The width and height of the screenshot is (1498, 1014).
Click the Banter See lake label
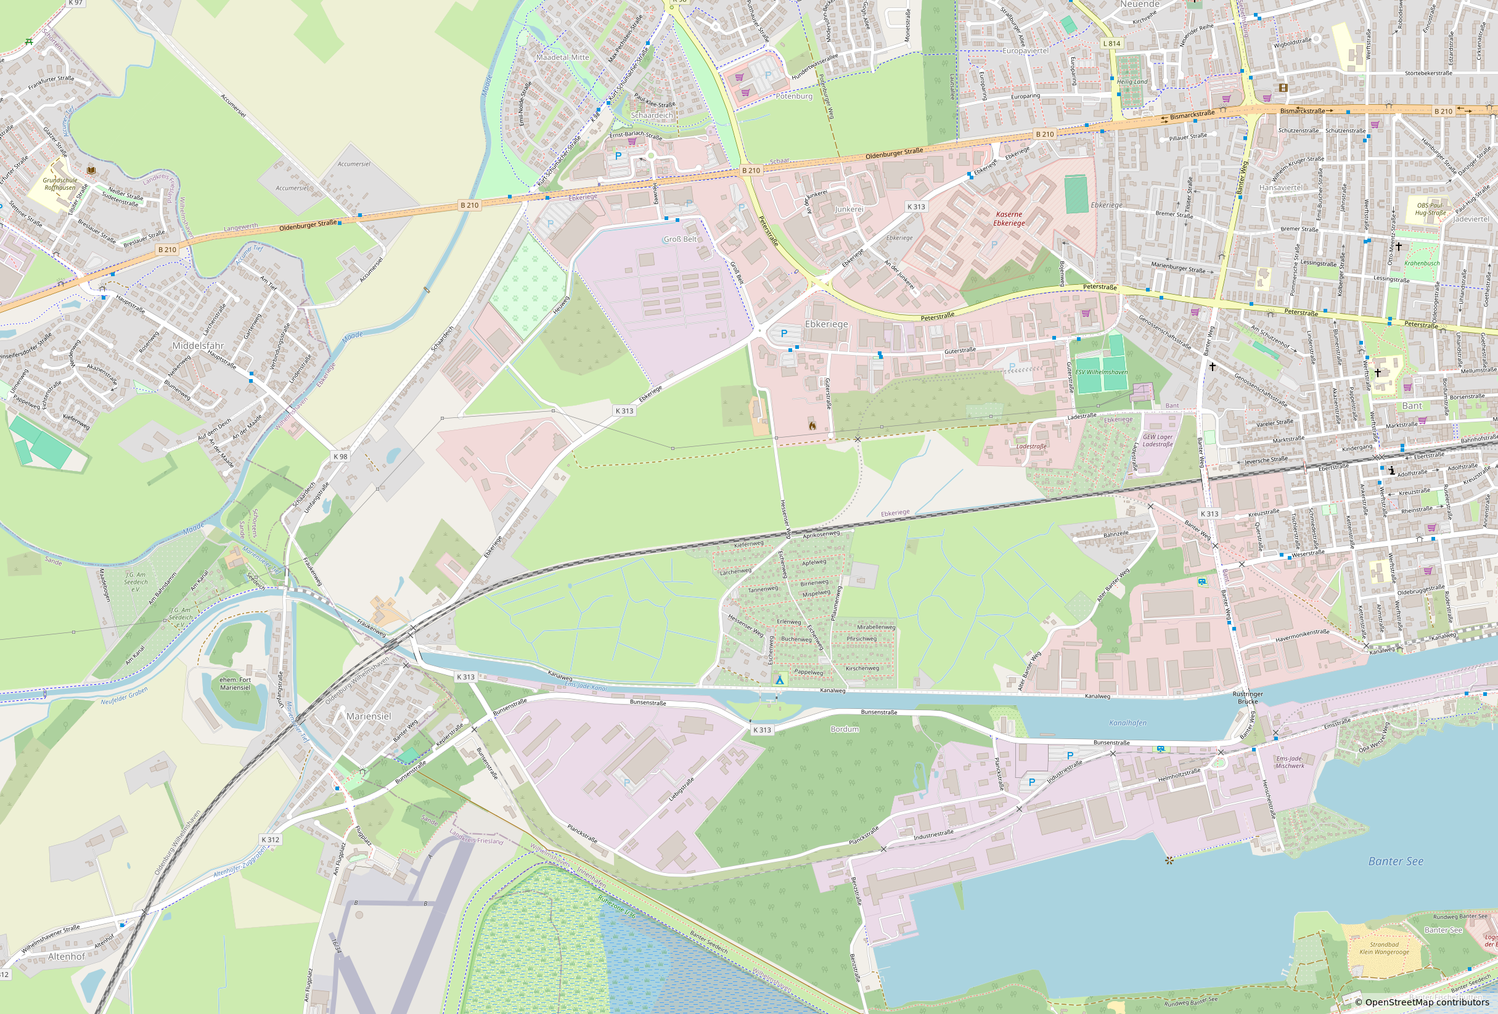coord(1396,861)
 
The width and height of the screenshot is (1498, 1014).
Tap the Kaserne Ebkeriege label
coord(1009,219)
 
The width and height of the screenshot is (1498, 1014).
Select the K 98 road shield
coord(340,456)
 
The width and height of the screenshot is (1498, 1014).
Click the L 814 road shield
coord(1111,43)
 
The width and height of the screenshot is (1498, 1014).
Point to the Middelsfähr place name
coord(198,346)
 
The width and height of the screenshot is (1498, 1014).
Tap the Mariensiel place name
coord(369,716)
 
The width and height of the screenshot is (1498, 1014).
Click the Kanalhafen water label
coord(1128,722)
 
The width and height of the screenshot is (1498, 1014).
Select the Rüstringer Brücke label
coord(1248,698)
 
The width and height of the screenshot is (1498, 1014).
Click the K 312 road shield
coord(271,840)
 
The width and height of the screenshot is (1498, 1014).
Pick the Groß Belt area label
coord(680,239)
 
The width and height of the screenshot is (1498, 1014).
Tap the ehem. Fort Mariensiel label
coord(235,684)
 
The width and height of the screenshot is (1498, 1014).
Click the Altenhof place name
coord(67,957)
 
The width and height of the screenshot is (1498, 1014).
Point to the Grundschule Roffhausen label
coord(60,184)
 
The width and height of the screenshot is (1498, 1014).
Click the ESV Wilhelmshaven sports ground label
coord(1102,372)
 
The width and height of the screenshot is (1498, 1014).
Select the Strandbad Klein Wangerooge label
coord(1384,947)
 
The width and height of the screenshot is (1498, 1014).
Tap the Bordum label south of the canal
coord(845,729)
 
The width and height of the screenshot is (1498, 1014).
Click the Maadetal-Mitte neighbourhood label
coord(562,57)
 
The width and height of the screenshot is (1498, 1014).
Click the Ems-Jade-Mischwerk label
coord(1290,762)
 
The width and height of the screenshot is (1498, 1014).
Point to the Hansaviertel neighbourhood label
coord(1281,187)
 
